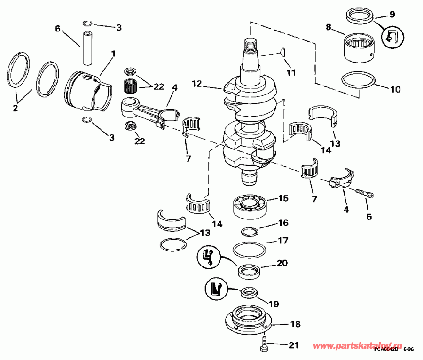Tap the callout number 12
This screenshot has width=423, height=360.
click(197, 84)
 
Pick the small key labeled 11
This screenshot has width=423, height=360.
click(282, 53)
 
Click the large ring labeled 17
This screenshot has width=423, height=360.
click(250, 249)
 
